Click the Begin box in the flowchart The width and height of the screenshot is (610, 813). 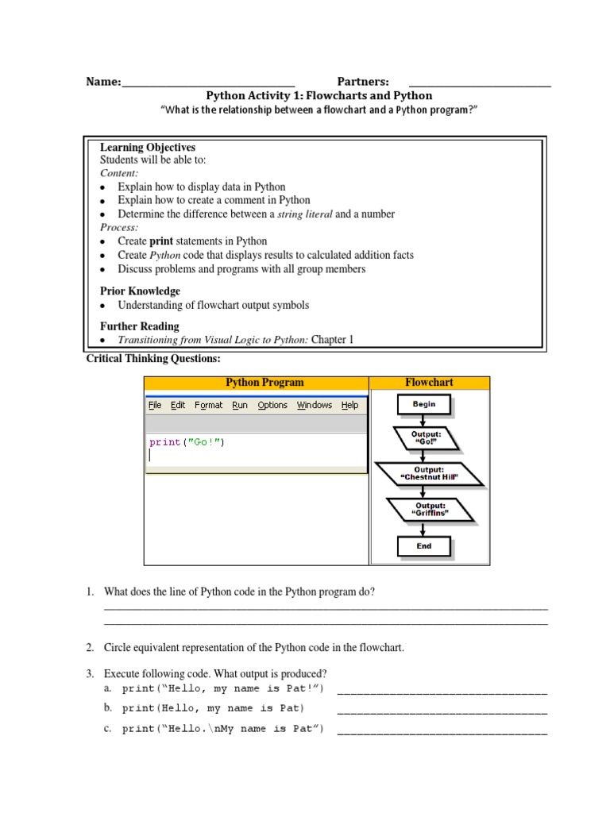pos(423,405)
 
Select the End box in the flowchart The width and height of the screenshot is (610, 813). pos(423,546)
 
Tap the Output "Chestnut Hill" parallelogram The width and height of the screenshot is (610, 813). pos(429,474)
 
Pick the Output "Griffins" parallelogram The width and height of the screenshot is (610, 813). pos(431,509)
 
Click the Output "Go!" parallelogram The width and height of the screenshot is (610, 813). pos(427,439)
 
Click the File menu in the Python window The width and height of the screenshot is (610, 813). pos(155,405)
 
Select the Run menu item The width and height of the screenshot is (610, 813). pos(240,405)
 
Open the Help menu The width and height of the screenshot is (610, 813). pos(349,405)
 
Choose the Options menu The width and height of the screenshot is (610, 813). pos(272,405)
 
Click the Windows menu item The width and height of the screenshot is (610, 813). pos(315,405)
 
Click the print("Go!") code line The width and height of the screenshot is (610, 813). pos(187,442)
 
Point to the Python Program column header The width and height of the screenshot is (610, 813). pos(264,383)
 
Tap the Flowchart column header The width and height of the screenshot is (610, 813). pos(429,383)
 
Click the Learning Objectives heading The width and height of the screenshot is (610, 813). pos(148,148)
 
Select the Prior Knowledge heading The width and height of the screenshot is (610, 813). pos(140,291)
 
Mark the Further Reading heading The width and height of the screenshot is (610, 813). pos(140,326)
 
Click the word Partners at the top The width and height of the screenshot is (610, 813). pos(363,82)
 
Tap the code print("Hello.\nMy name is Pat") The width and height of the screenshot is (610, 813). pos(223,730)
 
